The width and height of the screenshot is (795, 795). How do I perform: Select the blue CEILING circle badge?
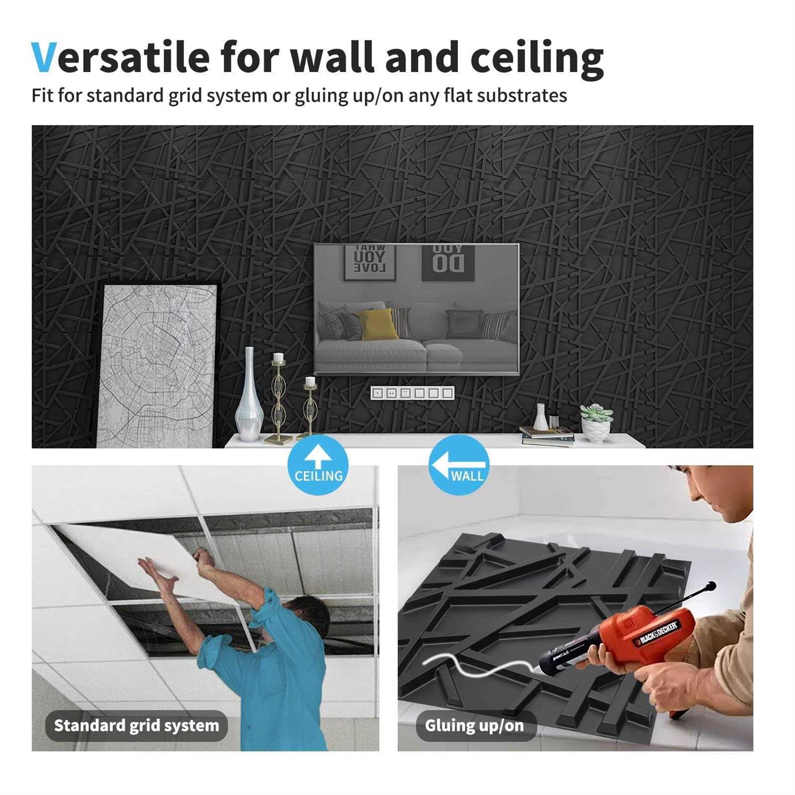click(318, 465)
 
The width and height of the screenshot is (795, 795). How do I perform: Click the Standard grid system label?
click(136, 725)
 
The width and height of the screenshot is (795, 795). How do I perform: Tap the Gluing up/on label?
click(474, 725)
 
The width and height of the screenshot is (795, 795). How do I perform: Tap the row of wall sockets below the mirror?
click(412, 393)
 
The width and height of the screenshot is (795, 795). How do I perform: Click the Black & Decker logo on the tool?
click(657, 633)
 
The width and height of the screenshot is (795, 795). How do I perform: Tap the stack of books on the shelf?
click(547, 436)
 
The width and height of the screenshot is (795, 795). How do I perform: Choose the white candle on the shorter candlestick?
click(310, 381)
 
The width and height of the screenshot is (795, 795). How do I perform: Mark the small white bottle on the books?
click(540, 417)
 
